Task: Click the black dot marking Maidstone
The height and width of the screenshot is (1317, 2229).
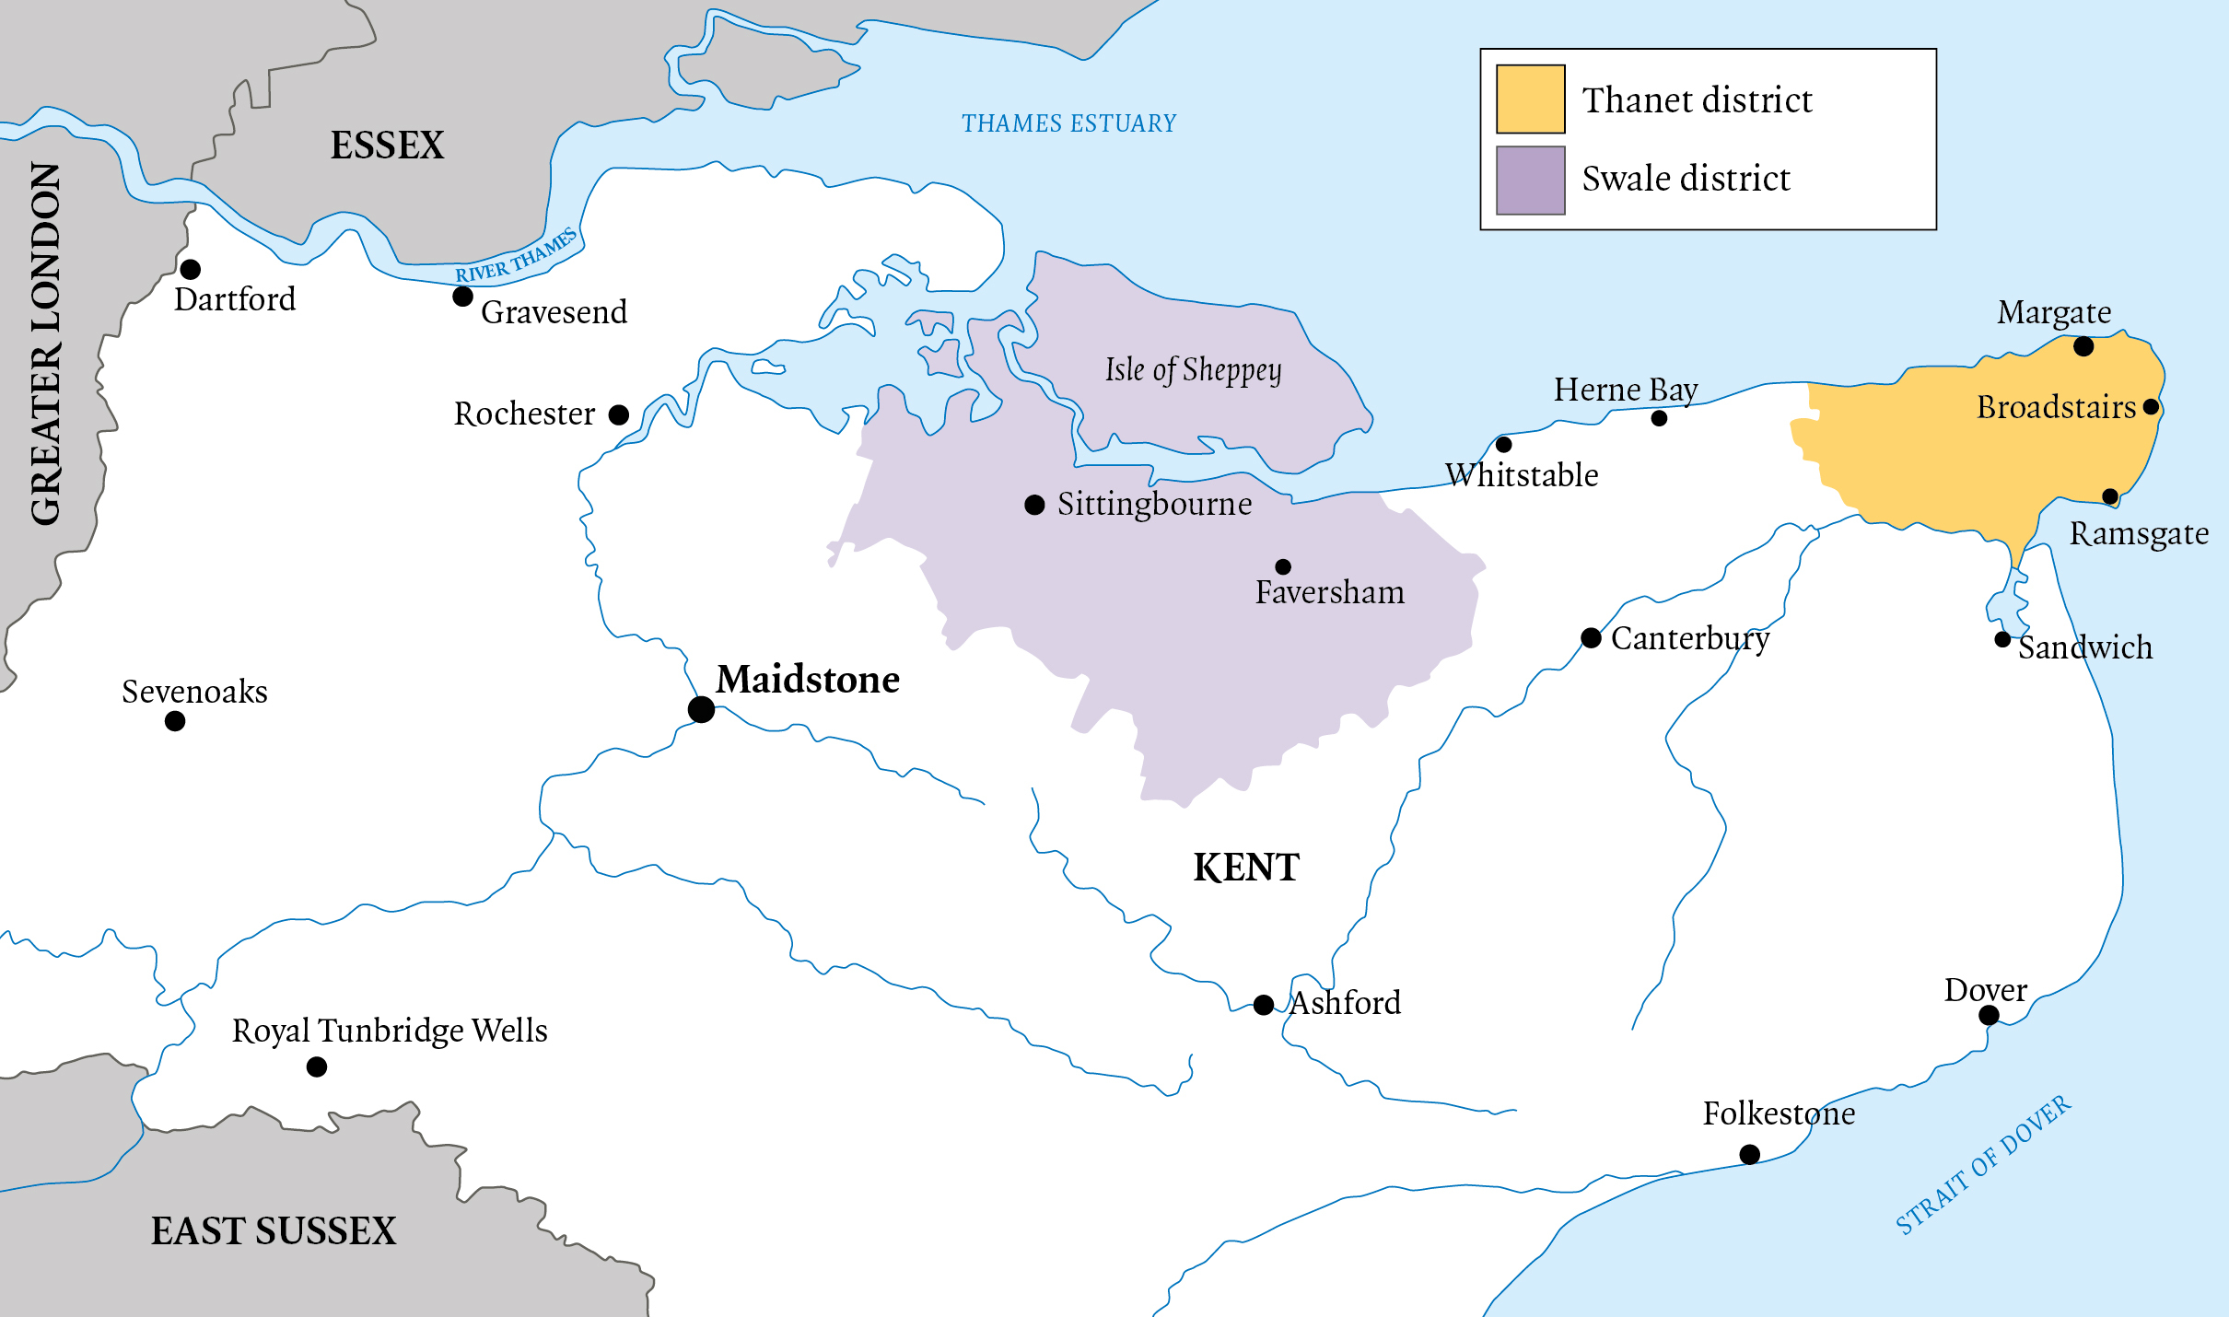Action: [x=701, y=709]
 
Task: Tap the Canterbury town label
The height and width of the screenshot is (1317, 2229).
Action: [x=1689, y=638]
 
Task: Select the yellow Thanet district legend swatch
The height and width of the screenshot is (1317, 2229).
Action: [x=1530, y=99]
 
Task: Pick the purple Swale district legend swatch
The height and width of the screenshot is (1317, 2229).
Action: [x=1530, y=180]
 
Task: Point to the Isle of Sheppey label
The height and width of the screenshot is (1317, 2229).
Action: [x=1193, y=370]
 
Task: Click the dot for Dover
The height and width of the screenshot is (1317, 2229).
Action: [x=1989, y=1015]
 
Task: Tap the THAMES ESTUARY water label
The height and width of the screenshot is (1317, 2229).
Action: [x=1068, y=123]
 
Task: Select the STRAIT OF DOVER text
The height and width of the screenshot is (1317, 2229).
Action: [x=1982, y=1165]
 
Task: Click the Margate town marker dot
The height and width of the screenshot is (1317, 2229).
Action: [x=2083, y=346]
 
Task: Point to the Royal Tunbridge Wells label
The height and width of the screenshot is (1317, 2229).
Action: [x=390, y=1031]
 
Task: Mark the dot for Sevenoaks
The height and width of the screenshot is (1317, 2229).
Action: [x=175, y=721]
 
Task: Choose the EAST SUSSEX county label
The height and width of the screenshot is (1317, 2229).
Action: [x=274, y=1231]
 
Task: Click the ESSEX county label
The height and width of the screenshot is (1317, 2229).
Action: [x=387, y=146]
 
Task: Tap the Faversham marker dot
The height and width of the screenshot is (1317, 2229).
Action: [x=1283, y=566]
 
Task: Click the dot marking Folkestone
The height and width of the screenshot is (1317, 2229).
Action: [x=1750, y=1154]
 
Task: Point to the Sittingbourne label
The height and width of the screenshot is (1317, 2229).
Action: [x=1154, y=504]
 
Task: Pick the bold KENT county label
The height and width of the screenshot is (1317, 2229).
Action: [x=1246, y=868]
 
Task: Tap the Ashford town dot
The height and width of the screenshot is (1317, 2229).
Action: [x=1264, y=1004]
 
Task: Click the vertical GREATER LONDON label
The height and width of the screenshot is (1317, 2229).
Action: [x=46, y=343]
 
